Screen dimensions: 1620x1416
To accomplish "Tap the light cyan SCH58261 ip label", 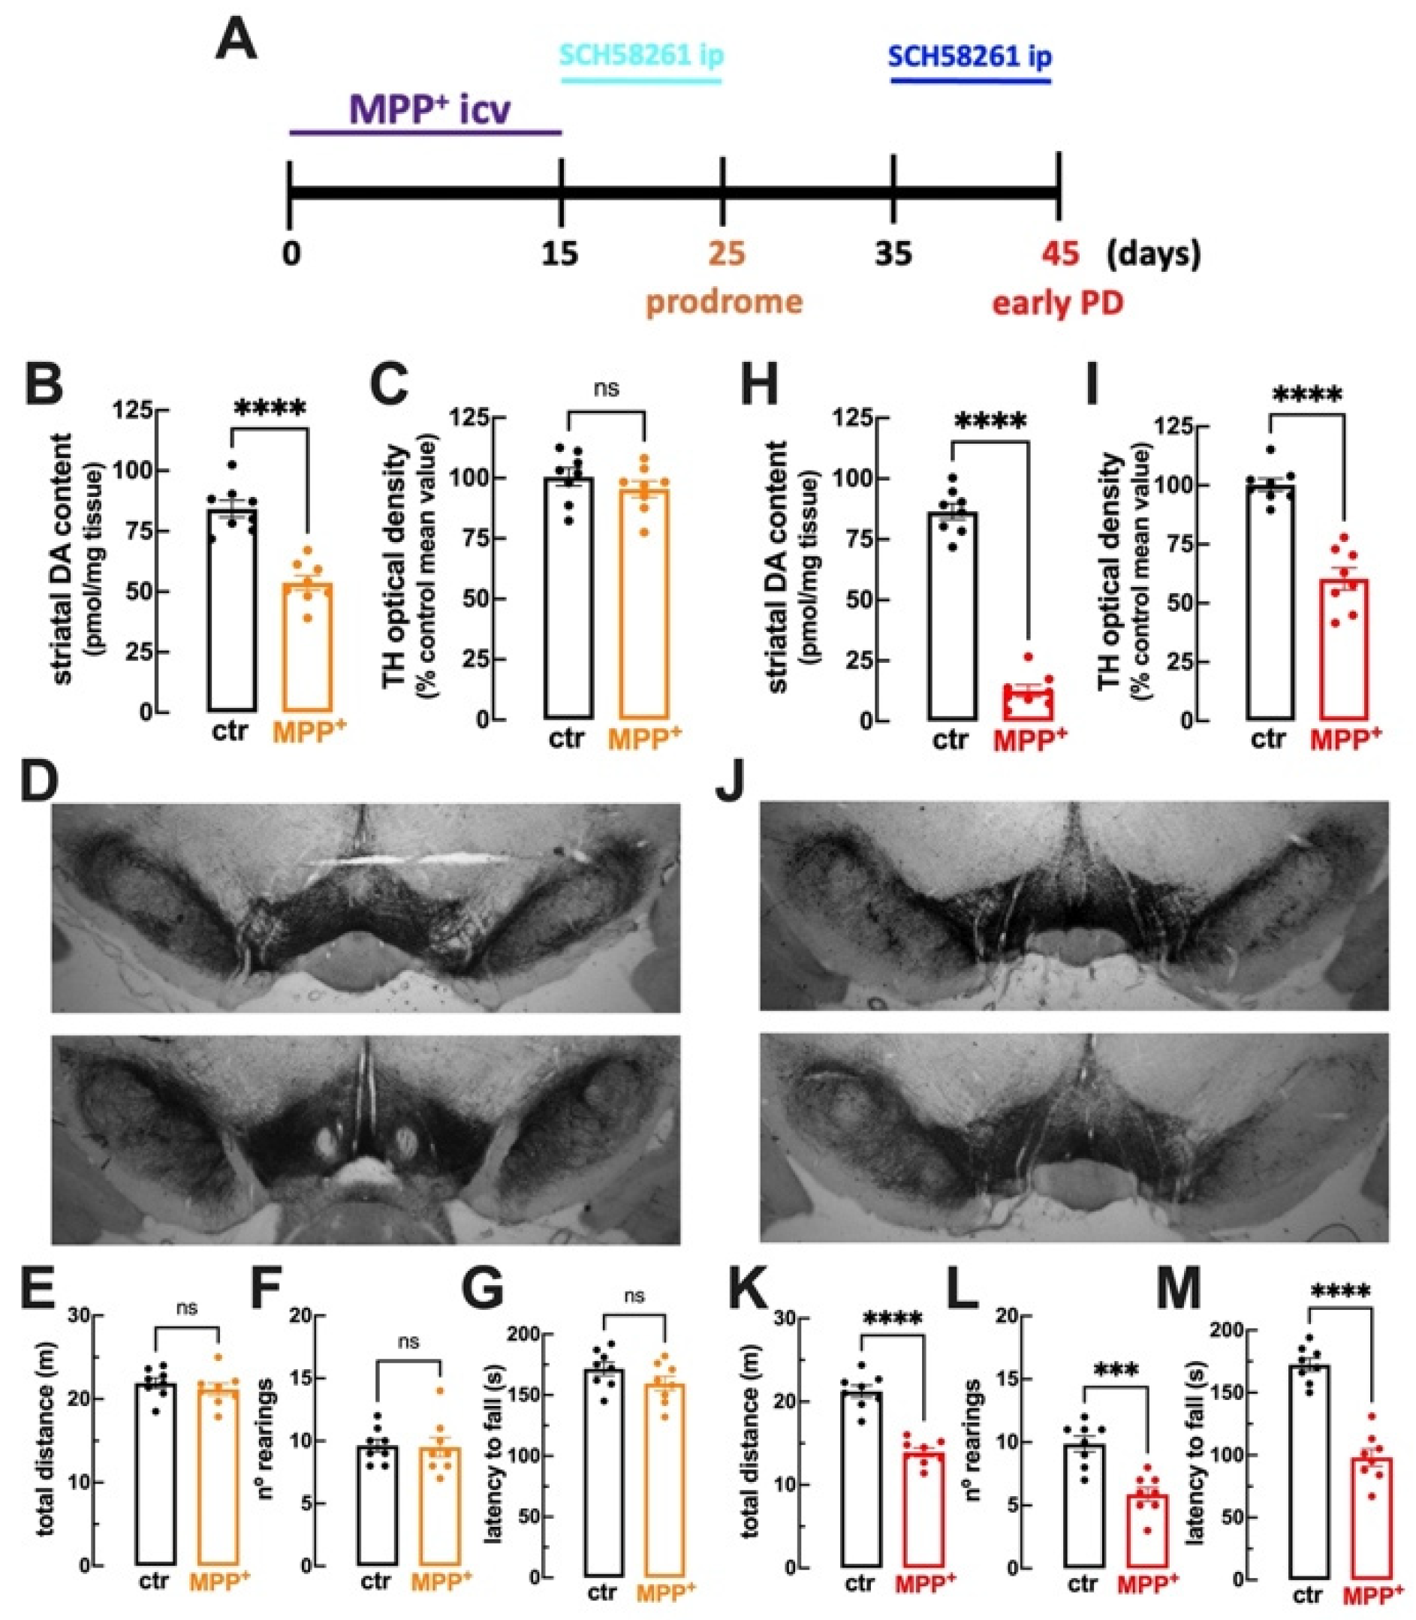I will pyautogui.click(x=641, y=56).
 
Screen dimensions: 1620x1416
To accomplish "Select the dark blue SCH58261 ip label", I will pyautogui.click(x=970, y=56).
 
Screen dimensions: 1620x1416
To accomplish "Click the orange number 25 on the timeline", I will pyautogui.click(x=726, y=254).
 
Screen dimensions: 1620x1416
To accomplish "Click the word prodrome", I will pyautogui.click(x=724, y=302).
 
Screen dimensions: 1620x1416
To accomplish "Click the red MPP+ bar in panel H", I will pyautogui.click(x=1029, y=703).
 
